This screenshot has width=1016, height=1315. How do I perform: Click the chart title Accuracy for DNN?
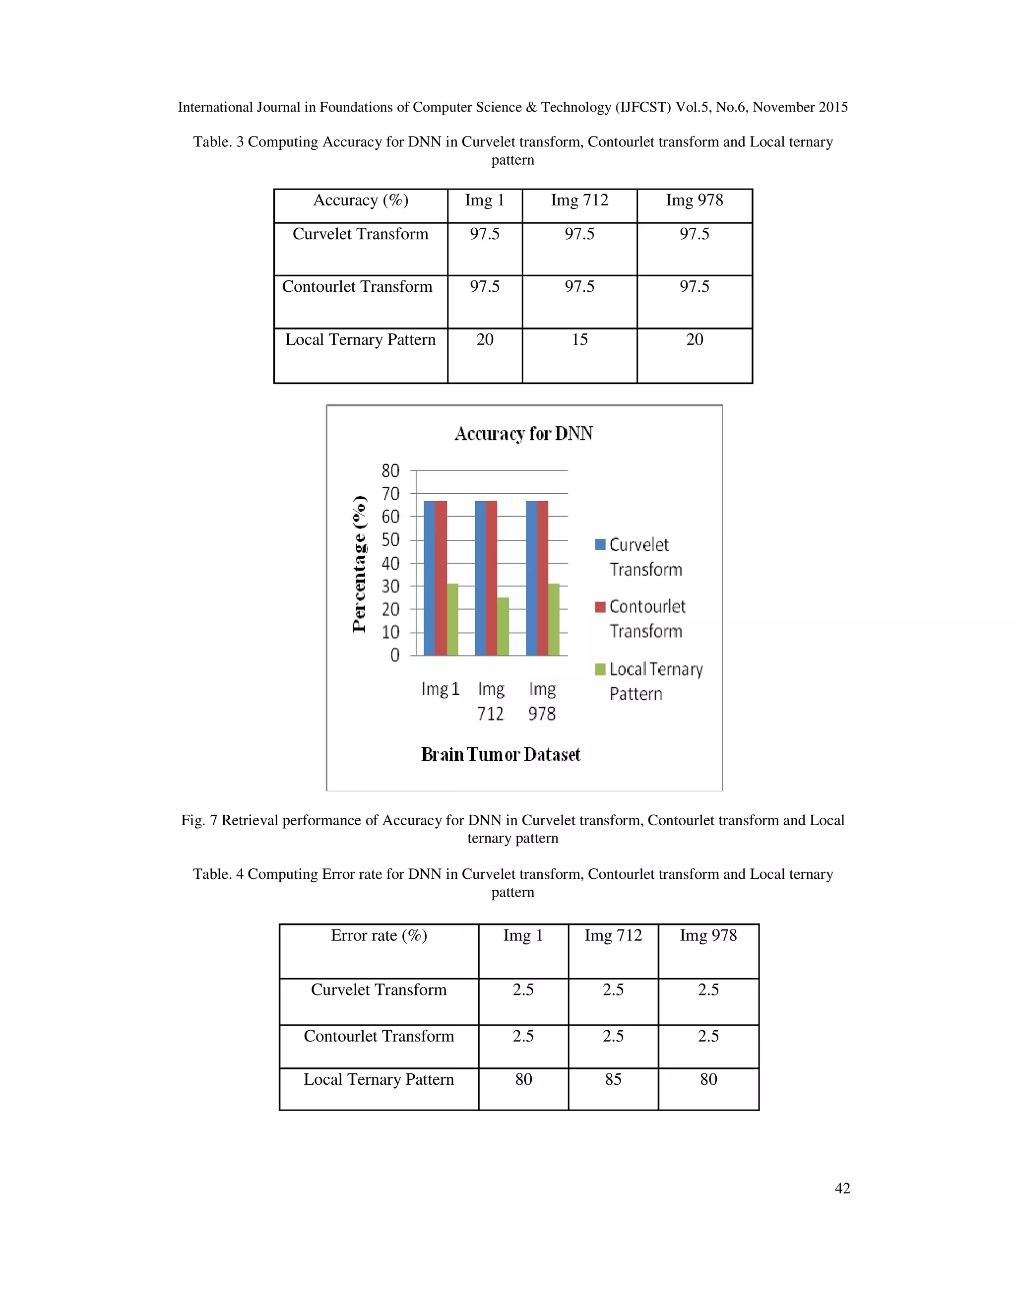pos(523,434)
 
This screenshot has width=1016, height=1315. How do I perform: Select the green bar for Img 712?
pos(503,626)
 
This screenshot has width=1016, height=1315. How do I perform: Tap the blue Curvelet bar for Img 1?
pos(429,578)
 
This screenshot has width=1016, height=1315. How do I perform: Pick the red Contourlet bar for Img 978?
pos(543,578)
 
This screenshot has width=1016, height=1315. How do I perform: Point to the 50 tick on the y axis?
pos(390,539)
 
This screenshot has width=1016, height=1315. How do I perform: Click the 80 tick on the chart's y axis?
pos(390,470)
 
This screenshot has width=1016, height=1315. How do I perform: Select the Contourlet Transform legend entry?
pos(647,618)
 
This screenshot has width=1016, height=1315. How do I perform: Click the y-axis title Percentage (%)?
pos(359,564)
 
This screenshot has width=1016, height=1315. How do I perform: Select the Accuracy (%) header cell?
pos(361,200)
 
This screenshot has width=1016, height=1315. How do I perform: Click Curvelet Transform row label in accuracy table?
pos(360,234)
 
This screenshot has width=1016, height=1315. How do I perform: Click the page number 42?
pos(842,1187)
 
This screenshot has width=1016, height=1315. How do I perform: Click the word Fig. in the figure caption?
pos(192,820)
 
